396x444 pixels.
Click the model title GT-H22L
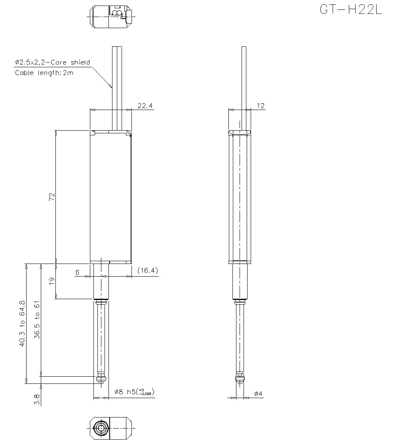point(350,10)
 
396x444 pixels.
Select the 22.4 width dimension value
point(145,106)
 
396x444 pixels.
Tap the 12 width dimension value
point(261,106)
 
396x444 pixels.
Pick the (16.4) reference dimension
point(148,271)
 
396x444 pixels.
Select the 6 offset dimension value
point(77,272)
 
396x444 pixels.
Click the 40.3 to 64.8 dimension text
point(22,324)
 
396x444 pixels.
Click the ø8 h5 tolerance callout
point(134,392)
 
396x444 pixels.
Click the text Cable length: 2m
point(44,73)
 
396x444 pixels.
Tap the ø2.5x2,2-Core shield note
point(52,63)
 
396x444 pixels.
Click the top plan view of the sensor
point(110,17)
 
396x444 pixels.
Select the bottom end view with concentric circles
point(110,429)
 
